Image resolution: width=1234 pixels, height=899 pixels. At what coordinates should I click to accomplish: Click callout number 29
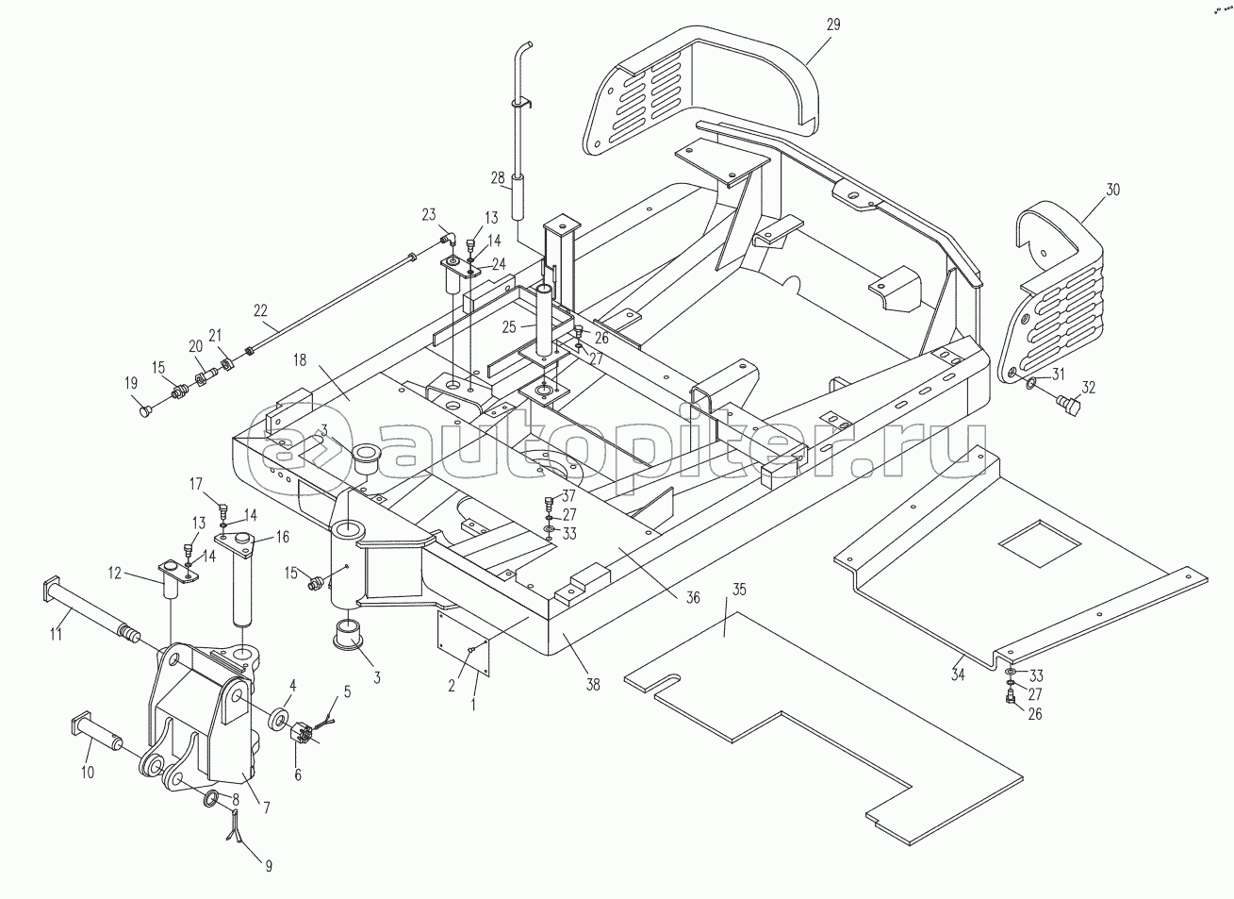(x=833, y=25)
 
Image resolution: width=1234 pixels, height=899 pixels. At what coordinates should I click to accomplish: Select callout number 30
(x=1112, y=190)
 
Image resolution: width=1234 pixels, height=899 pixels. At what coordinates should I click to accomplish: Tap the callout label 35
(x=739, y=590)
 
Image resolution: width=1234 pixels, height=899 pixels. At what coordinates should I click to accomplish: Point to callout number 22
(x=260, y=310)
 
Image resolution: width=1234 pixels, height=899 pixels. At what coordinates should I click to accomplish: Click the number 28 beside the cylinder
(x=498, y=178)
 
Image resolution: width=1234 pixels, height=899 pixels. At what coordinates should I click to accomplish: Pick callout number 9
(x=269, y=867)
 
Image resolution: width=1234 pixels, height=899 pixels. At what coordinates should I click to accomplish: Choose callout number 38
(x=593, y=685)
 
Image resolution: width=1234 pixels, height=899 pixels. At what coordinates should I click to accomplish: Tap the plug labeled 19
(x=145, y=411)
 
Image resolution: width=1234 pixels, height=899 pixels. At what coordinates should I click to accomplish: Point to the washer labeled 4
(x=279, y=720)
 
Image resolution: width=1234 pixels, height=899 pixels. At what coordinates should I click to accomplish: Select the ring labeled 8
(x=211, y=799)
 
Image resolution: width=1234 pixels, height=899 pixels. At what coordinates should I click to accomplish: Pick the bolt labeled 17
(x=223, y=509)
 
